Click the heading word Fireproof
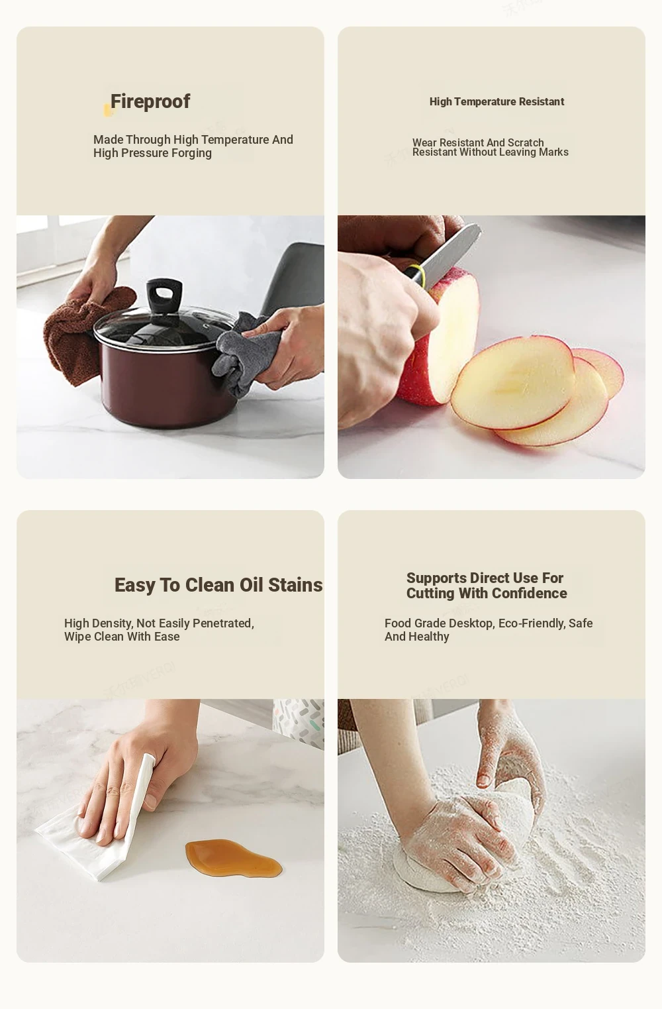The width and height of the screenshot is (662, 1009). tap(150, 102)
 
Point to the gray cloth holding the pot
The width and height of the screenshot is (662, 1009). tap(243, 354)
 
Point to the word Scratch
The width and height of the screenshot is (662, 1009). tap(526, 142)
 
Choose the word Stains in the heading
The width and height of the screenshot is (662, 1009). tap(295, 585)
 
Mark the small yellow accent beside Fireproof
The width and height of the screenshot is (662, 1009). tap(108, 110)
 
